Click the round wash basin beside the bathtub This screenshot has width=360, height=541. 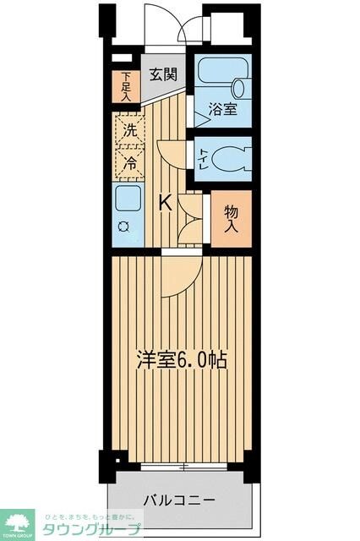pyautogui.click(x=240, y=86)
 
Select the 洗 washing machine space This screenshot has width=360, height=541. pyautogui.click(x=129, y=131)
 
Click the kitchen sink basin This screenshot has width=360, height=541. pyautogui.click(x=129, y=201)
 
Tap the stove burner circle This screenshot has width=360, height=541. pyautogui.click(x=123, y=227)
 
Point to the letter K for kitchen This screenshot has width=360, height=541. pyautogui.click(x=166, y=202)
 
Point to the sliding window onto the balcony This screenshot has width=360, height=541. pyautogui.click(x=181, y=465)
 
